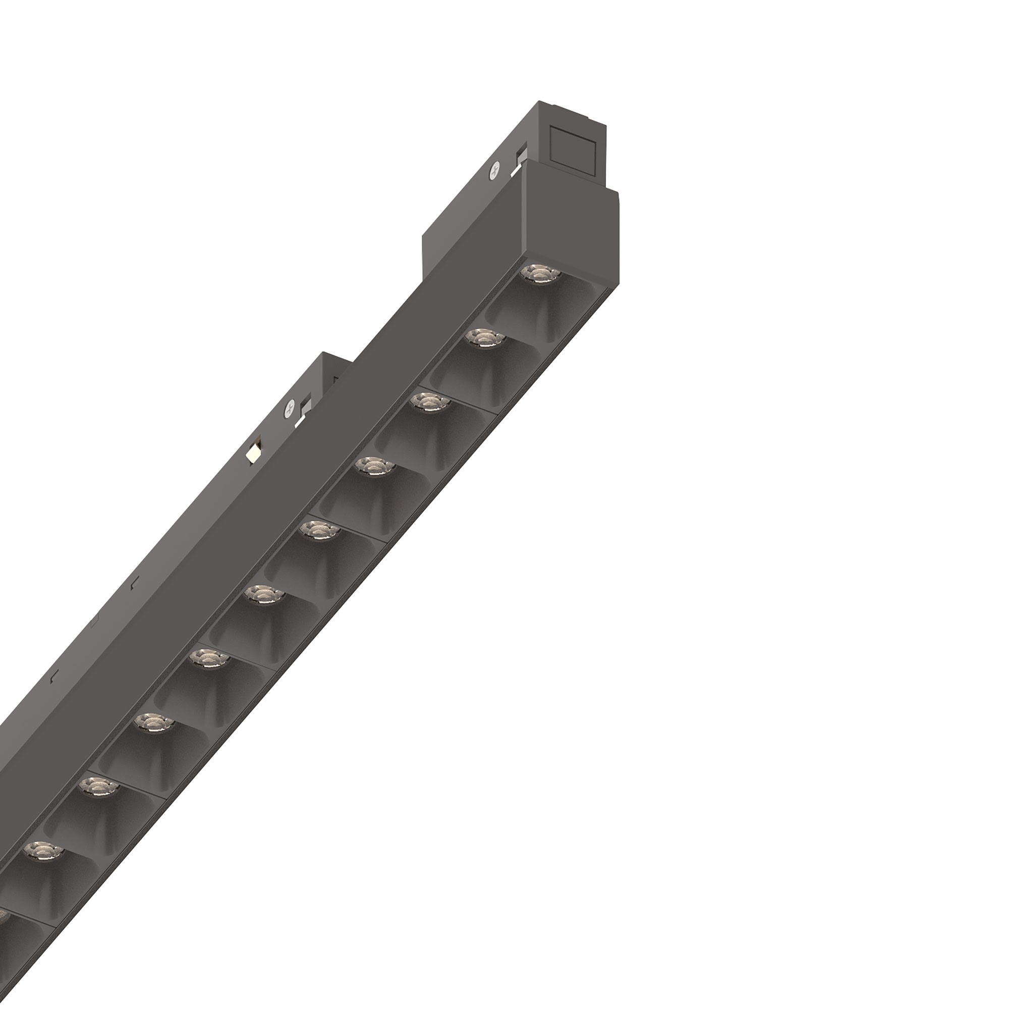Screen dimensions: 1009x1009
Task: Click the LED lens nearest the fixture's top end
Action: pyautogui.click(x=540, y=273)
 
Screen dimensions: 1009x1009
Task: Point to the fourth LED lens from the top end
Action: pyautogui.click(x=373, y=466)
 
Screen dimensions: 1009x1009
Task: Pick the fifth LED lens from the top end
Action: pyautogui.click(x=318, y=531)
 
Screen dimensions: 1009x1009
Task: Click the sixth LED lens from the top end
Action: pyautogui.click(x=263, y=594)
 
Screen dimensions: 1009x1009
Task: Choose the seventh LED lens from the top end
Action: pyautogui.click(x=207, y=658)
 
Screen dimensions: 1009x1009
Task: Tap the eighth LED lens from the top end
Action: pyautogui.click(x=152, y=723)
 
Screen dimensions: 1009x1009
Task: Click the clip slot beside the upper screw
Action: pyautogui.click(x=521, y=159)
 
